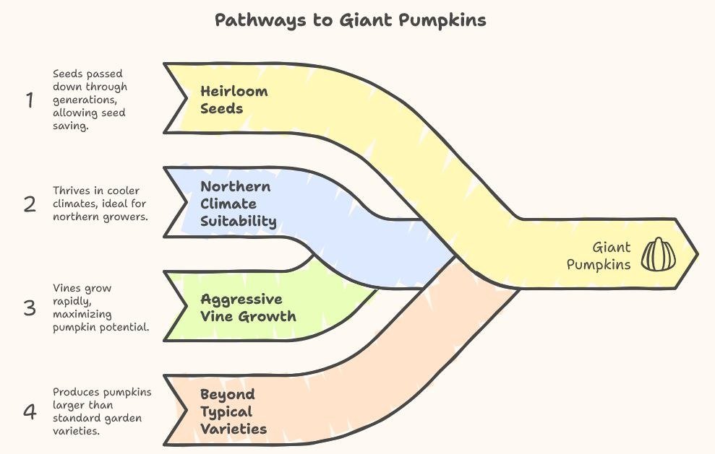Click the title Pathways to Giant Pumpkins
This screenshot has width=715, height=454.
point(351,19)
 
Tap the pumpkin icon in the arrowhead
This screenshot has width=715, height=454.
point(658,255)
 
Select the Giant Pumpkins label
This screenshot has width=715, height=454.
point(599,256)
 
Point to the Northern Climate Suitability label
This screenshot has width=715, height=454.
point(238,204)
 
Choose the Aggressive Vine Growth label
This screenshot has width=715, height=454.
point(248,307)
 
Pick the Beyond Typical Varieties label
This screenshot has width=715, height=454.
point(233,411)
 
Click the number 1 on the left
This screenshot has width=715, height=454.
point(30,100)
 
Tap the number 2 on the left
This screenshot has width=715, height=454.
point(30,204)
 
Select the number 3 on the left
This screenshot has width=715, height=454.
point(30,308)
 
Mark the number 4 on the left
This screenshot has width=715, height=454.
point(30,412)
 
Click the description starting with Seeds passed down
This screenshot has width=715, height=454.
point(89,100)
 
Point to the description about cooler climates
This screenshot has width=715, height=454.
point(100,204)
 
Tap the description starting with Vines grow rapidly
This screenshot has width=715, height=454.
point(100,307)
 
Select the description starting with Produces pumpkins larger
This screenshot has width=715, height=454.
point(102,411)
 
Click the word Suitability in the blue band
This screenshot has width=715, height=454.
point(238,221)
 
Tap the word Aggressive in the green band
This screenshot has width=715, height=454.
point(241,299)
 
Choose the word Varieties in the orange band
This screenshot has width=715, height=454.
point(233,429)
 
